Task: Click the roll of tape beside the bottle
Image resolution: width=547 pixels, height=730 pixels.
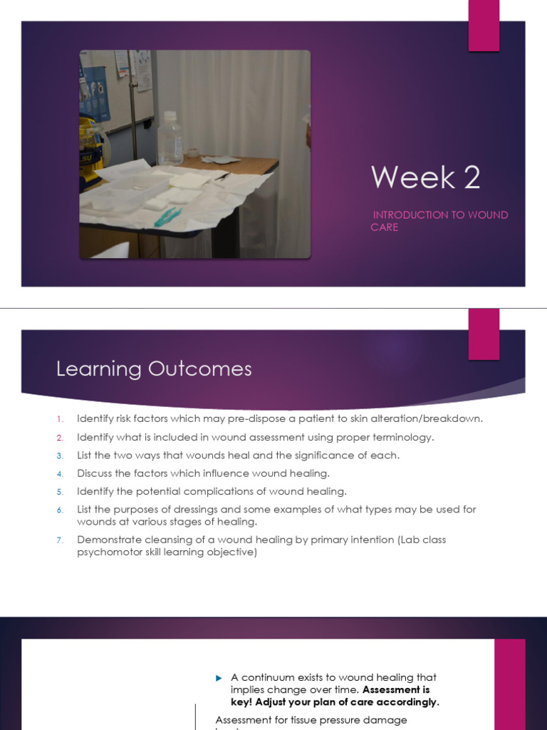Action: [x=192, y=153]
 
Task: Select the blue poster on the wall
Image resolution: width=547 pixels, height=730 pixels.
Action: [x=95, y=85]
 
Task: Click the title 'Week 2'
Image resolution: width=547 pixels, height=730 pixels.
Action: [x=425, y=178]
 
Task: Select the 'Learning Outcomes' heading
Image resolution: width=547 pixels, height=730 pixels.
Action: [x=154, y=369]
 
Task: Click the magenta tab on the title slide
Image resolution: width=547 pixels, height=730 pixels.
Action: [x=484, y=26]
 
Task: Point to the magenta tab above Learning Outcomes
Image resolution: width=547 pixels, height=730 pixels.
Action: [x=484, y=334]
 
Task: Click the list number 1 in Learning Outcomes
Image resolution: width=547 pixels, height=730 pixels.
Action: [x=61, y=419]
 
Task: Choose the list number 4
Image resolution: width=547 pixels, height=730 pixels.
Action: [x=61, y=473]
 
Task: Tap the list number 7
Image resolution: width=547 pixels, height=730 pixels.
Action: [x=61, y=540]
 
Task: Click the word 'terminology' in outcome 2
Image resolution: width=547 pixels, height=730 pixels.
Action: [x=403, y=437]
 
